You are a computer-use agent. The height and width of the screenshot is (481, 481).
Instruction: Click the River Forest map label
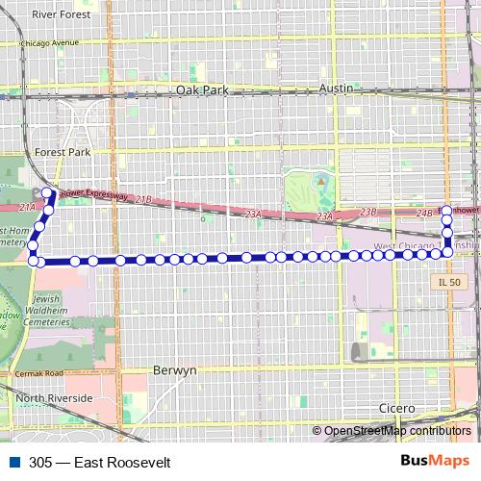tap(60, 15)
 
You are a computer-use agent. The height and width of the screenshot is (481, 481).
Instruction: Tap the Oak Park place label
tap(203, 89)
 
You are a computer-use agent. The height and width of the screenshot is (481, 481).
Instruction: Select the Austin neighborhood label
tap(337, 88)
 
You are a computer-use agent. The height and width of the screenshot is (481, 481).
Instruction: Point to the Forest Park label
tap(62, 152)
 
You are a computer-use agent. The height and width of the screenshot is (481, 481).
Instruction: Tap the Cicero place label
tap(396, 408)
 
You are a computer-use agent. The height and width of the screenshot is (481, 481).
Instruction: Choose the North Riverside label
tap(53, 397)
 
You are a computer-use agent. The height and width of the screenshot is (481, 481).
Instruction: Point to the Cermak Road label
tap(39, 373)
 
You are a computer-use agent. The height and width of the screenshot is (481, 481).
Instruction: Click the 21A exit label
tap(27, 207)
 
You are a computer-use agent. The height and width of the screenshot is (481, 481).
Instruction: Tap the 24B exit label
tap(425, 213)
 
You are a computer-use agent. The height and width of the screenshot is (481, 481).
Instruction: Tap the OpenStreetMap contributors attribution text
tap(397, 431)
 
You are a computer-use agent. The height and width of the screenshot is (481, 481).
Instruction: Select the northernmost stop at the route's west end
tap(47, 193)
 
